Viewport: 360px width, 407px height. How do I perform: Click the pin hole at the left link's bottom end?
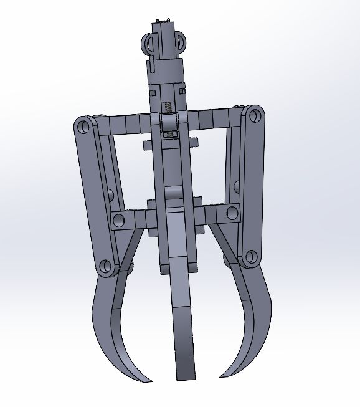coord(104,267)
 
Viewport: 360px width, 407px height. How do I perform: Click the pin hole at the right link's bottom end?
coord(250,256)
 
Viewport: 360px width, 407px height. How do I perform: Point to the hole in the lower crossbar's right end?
coord(232,213)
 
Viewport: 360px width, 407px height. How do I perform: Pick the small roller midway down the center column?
coord(174,193)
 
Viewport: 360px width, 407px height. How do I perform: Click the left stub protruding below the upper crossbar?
coord(148,145)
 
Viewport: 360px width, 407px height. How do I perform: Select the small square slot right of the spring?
coord(182,92)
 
